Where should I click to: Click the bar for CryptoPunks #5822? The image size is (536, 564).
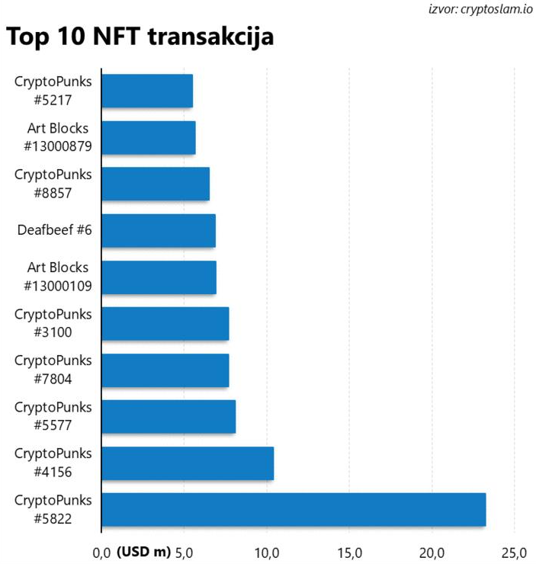(x=293, y=510)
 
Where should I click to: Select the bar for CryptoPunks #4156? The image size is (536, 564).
(x=187, y=463)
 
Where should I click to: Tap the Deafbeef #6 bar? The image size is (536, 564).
(x=158, y=230)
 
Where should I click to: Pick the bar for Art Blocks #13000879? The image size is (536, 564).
(x=148, y=137)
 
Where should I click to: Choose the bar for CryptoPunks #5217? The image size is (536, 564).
(x=146, y=91)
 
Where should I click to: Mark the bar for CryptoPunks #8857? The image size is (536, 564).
(x=155, y=184)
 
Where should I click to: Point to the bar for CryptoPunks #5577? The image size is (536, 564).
(x=168, y=417)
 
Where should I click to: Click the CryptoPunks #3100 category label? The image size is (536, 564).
(x=53, y=323)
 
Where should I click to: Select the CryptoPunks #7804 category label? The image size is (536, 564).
(x=53, y=370)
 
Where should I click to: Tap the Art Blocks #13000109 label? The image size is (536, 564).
(x=57, y=277)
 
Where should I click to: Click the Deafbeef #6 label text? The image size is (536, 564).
(x=54, y=230)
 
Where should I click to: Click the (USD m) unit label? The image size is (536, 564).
(x=143, y=551)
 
